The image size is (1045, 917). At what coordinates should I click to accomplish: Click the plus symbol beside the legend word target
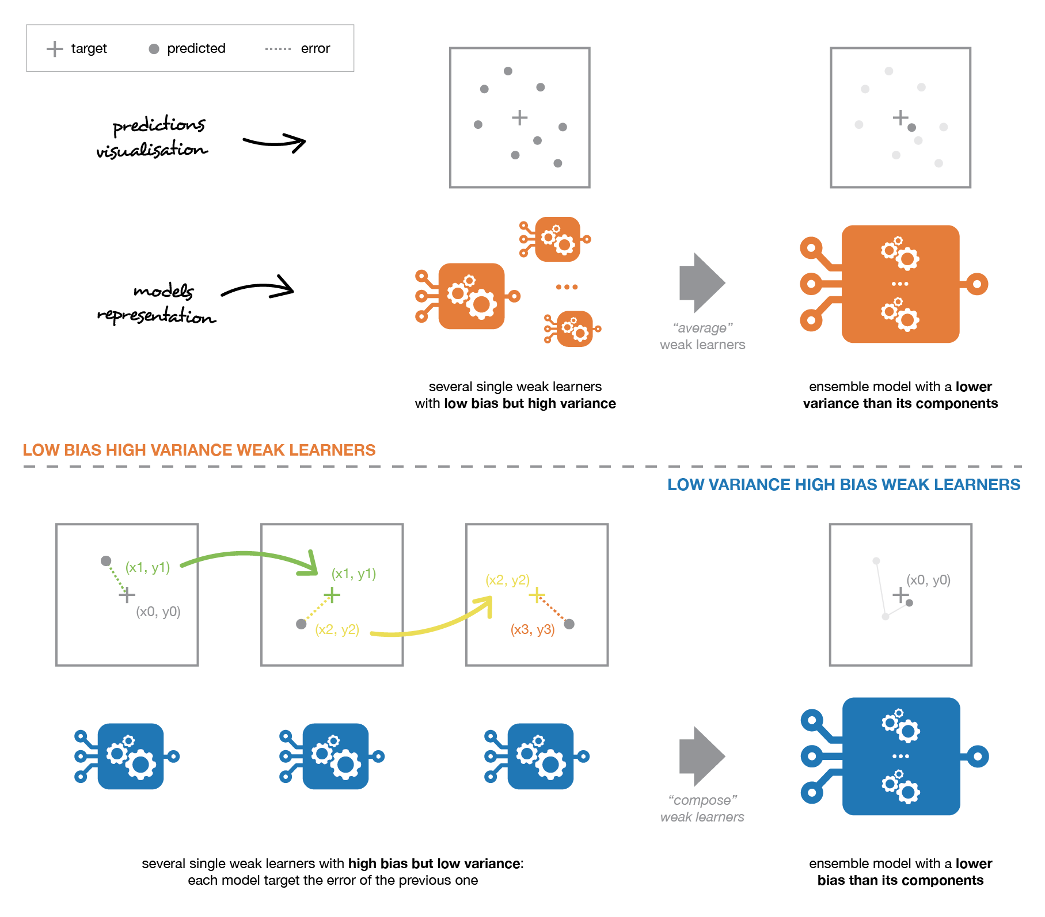(x=55, y=49)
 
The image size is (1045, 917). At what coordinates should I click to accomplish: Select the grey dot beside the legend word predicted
(x=154, y=49)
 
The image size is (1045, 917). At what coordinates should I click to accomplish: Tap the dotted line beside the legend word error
(x=278, y=49)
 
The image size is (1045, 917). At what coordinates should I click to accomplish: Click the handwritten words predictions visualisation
(x=152, y=136)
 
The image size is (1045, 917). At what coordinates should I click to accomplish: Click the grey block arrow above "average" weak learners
(x=702, y=282)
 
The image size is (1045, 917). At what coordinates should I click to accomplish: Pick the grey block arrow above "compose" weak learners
(x=702, y=756)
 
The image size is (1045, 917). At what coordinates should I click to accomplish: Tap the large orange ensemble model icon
(x=894, y=284)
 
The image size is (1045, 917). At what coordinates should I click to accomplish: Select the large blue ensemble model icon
(x=895, y=756)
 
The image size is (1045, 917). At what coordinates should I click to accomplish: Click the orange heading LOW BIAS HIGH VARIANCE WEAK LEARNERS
(x=199, y=450)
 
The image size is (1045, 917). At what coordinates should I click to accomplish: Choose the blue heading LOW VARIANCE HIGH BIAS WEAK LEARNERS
(x=843, y=484)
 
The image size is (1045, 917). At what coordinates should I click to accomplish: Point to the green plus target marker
(x=332, y=594)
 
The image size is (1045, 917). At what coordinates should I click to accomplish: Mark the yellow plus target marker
(x=537, y=594)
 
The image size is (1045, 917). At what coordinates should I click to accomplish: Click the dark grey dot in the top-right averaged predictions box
(x=911, y=128)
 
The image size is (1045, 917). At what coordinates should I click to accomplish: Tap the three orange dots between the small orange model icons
(x=567, y=286)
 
